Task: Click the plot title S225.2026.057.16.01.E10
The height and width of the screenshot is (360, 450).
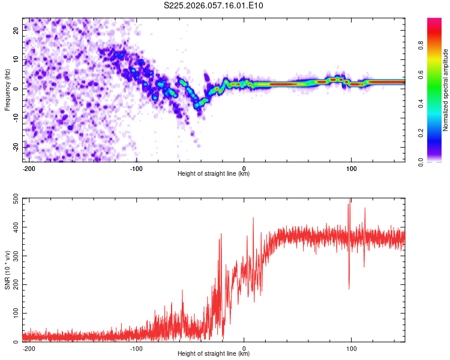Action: pyautogui.click(x=214, y=6)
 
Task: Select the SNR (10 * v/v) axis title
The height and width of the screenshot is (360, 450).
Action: pyautogui.click(x=7, y=271)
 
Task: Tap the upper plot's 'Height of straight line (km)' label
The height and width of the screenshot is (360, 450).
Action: pyautogui.click(x=214, y=174)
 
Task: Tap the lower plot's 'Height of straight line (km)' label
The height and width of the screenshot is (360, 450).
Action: pyautogui.click(x=214, y=354)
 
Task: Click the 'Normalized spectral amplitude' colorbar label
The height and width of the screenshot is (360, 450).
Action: pyautogui.click(x=446, y=90)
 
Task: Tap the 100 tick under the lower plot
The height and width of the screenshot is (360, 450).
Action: pyautogui.click(x=351, y=348)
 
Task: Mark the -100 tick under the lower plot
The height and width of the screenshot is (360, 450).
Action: pyautogui.click(x=136, y=348)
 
